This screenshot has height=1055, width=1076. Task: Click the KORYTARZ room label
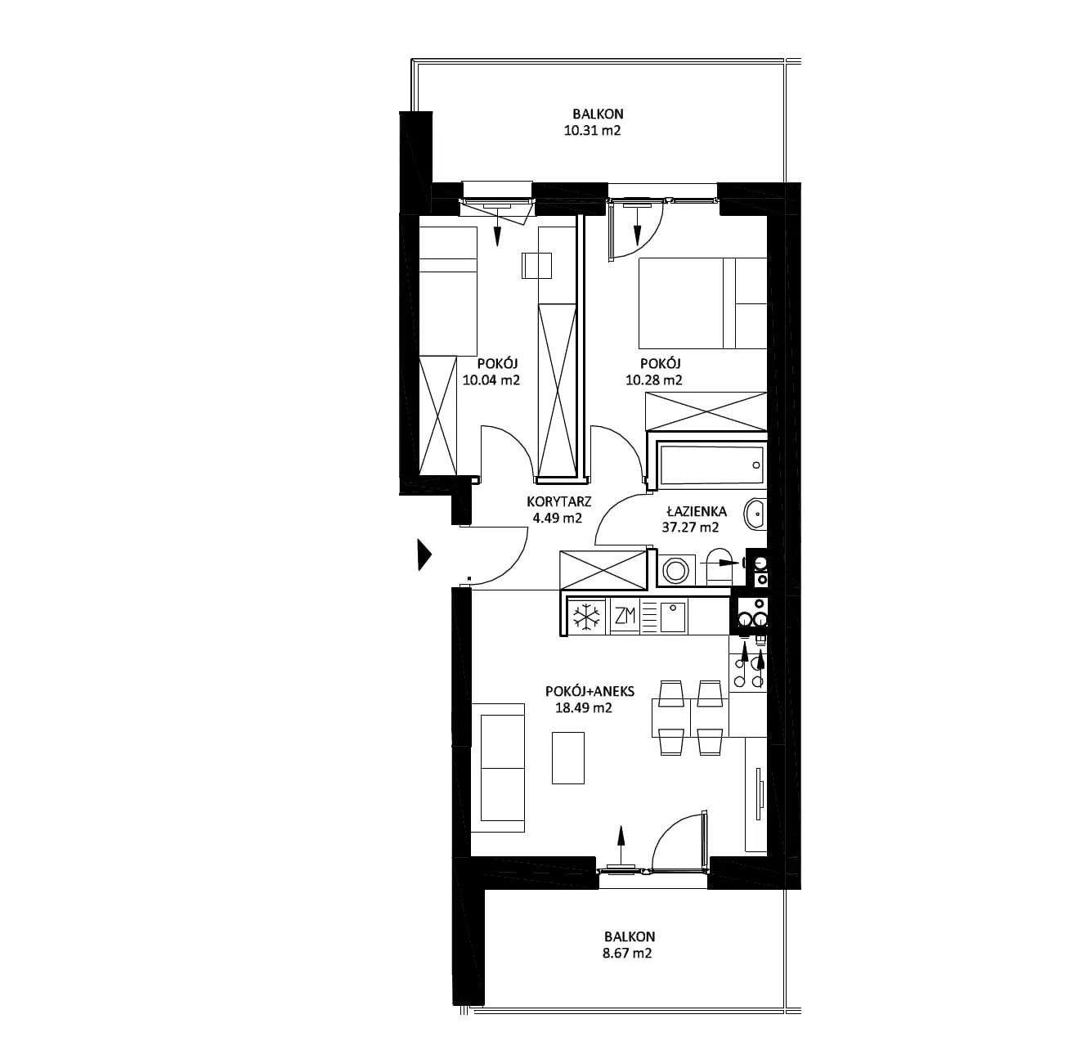pos(559,501)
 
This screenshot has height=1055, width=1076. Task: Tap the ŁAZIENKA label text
pos(697,511)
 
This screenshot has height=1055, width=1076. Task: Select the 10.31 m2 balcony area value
pos(593,131)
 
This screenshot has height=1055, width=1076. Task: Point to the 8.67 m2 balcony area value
pos(627,954)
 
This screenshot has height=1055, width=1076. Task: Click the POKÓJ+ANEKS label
pos(590,691)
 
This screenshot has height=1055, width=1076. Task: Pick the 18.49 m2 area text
pos(584,708)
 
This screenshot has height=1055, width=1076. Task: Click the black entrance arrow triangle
pos(425,554)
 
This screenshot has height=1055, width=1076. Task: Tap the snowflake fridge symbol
pos(587,617)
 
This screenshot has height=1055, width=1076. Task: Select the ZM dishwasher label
pos(625,616)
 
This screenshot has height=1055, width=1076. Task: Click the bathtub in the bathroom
pos(711,465)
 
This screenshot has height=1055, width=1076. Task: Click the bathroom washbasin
pos(755,513)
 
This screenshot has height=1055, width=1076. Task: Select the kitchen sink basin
pos(673,617)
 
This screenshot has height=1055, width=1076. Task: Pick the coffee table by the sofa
pos(568,758)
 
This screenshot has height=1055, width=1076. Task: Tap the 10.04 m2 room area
pos(491,380)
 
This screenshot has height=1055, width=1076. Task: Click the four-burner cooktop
pos(748,666)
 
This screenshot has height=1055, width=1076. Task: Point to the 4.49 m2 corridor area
pos(558,518)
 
